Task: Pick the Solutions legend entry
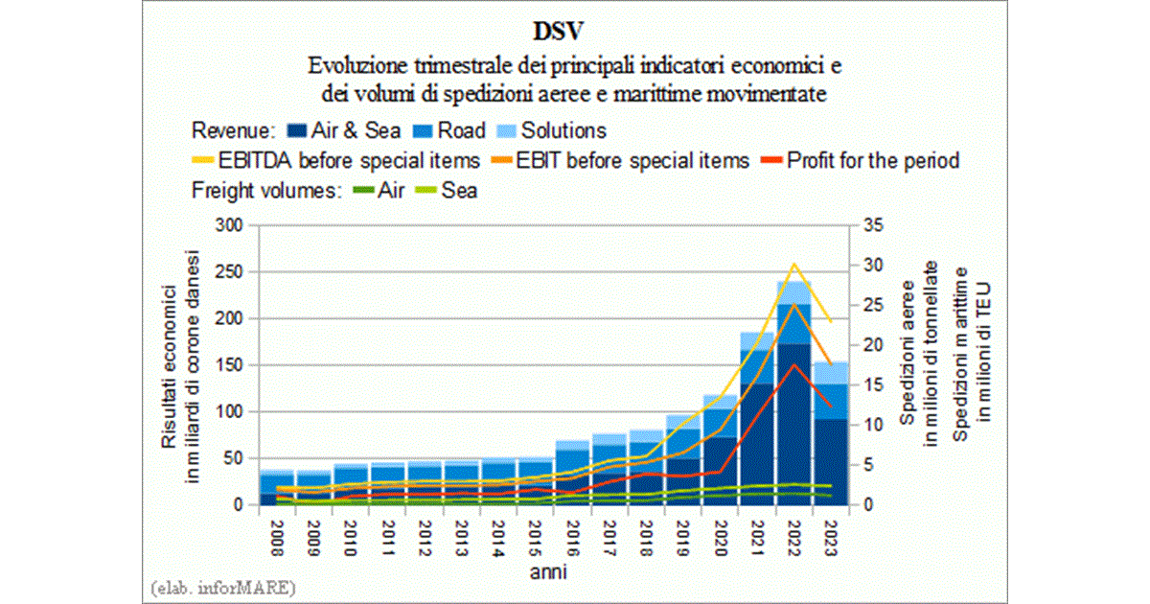click(x=556, y=130)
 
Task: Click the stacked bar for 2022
click(x=793, y=403)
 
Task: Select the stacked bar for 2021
click(x=756, y=422)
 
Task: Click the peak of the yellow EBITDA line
click(x=793, y=264)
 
